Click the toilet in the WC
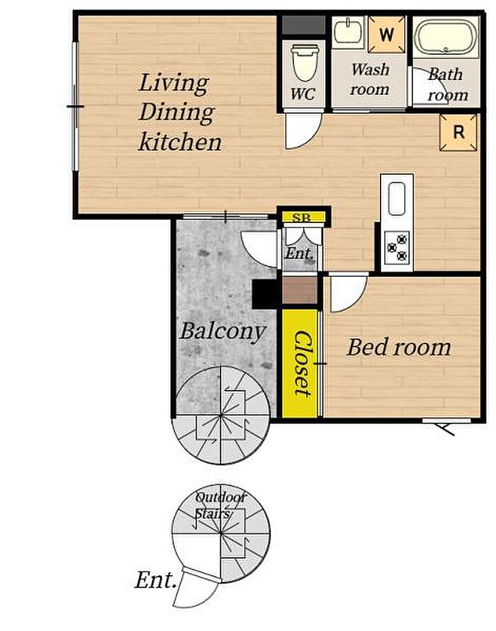pos(305,63)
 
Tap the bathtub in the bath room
pos(446,37)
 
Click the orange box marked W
pos(386,35)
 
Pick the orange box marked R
pos(458,132)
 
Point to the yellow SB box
pos(303,217)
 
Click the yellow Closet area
pos(300,363)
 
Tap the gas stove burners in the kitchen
pos(398,247)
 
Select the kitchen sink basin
pos(397,199)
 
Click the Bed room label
pos(398,347)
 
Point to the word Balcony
pos(222,332)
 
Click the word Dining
pos(176,113)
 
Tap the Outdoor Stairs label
pos(220,506)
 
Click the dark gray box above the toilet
pos(303,25)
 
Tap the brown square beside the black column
pos(300,290)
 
